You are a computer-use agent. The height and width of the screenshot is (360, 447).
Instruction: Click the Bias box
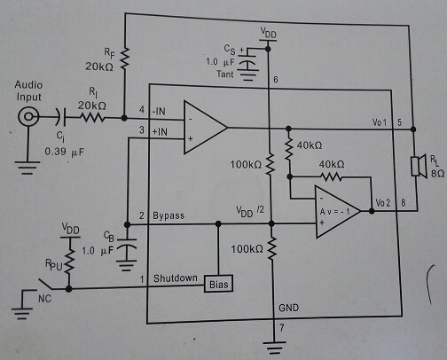(x=218, y=284)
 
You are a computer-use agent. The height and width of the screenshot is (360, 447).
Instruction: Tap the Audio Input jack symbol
(x=28, y=116)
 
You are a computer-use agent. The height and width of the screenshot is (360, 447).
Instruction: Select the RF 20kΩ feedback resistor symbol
(x=125, y=59)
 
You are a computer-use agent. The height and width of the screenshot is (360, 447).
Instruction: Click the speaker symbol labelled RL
(x=420, y=166)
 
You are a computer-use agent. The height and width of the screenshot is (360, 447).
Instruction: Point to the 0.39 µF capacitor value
(x=65, y=152)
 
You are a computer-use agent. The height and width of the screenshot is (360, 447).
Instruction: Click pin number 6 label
(x=276, y=79)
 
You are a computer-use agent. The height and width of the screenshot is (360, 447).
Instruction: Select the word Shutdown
(x=176, y=278)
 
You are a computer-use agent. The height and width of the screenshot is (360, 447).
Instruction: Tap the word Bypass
(x=169, y=215)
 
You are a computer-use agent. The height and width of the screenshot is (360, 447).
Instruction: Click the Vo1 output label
(x=380, y=122)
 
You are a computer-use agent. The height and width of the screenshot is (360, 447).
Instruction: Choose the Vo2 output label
(x=383, y=203)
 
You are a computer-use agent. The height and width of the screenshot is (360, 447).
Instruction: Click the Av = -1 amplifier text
(x=334, y=212)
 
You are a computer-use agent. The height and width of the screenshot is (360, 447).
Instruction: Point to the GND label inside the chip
(x=288, y=308)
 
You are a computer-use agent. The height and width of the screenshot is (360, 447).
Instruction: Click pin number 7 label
(x=282, y=327)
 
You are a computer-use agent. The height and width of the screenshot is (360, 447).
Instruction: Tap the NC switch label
(x=44, y=299)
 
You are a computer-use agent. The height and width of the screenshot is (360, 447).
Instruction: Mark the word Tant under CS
(x=224, y=74)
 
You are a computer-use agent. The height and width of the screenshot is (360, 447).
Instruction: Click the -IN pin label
(x=159, y=111)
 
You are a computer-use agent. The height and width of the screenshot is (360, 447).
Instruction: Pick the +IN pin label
(x=160, y=131)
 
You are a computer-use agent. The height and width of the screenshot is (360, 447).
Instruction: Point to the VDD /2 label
(x=250, y=211)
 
